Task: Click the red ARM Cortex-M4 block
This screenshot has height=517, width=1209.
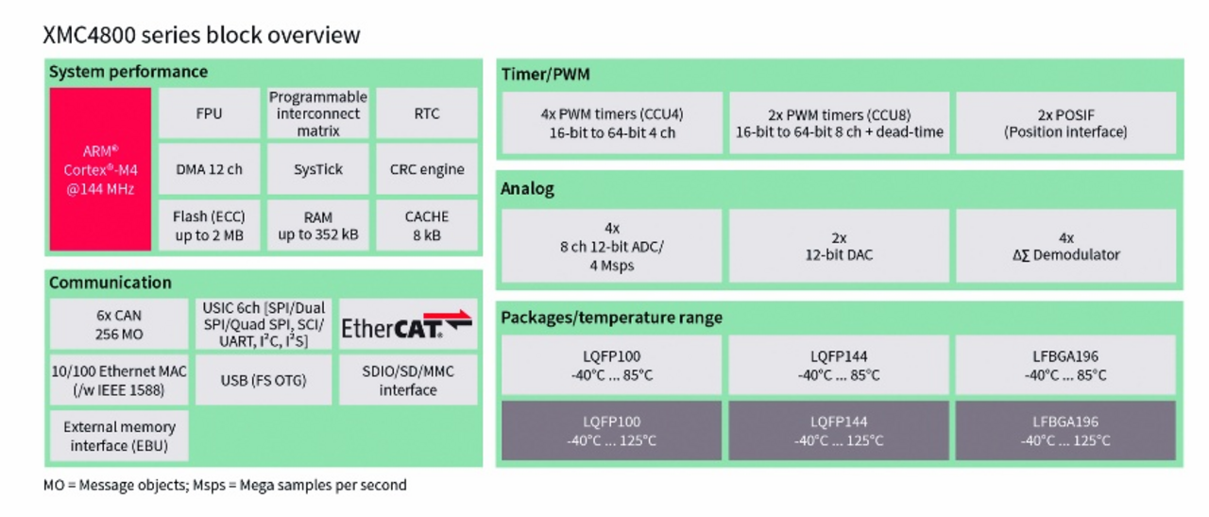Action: click(100, 169)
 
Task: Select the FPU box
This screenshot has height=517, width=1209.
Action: click(209, 113)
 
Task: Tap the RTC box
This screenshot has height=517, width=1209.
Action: click(426, 113)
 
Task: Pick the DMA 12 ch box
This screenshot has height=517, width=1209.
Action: click(209, 169)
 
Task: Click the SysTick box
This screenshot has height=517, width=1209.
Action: click(317, 169)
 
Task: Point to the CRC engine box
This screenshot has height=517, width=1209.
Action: click(426, 169)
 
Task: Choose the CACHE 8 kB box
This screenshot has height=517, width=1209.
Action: click(426, 225)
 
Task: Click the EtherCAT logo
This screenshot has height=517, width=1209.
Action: click(407, 324)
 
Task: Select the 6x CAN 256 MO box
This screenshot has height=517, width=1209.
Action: click(119, 324)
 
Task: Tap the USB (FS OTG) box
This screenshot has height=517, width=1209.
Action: click(264, 380)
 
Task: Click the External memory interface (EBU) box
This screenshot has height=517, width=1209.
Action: click(119, 436)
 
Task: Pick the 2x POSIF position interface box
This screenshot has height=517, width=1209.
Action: click(1065, 123)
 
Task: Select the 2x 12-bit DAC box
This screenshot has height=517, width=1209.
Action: click(839, 246)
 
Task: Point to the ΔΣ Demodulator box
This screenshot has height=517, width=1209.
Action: click(1065, 246)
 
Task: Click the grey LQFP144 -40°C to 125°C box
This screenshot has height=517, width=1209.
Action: click(839, 431)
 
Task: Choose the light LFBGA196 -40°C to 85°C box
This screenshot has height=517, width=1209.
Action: click(1065, 366)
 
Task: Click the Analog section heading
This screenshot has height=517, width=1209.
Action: click(528, 189)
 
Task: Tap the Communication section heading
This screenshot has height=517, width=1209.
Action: click(111, 283)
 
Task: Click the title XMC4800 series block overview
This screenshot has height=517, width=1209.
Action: click(201, 35)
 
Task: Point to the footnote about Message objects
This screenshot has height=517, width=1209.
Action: click(225, 485)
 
